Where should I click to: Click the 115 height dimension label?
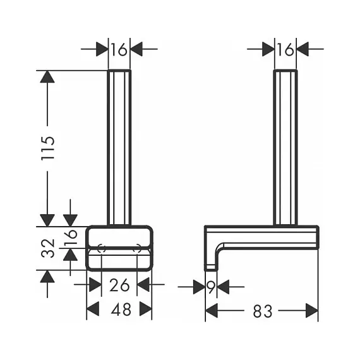tap(48, 148)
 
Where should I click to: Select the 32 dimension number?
tap(48, 248)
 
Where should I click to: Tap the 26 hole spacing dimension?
tap(119, 285)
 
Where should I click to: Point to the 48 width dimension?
tap(121, 309)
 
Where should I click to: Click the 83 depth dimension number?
tap(263, 311)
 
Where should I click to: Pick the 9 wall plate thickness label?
tap(211, 287)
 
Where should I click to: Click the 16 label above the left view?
tap(119, 50)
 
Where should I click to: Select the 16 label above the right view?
tap(285, 50)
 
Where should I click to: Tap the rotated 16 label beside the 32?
tap(71, 237)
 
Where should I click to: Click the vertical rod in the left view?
tap(119, 147)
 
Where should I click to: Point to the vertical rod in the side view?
tap(285, 147)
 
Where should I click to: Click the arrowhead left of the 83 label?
tap(211, 311)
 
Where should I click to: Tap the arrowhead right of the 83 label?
tap(312, 311)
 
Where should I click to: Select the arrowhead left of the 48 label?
tap(93, 309)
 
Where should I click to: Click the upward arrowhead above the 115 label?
tap(47, 76)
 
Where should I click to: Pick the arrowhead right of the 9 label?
tap(223, 287)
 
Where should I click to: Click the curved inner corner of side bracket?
tap(219, 248)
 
